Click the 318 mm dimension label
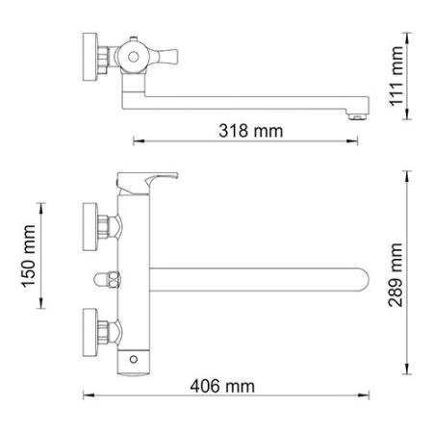(243, 131)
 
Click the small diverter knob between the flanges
(105, 281)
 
